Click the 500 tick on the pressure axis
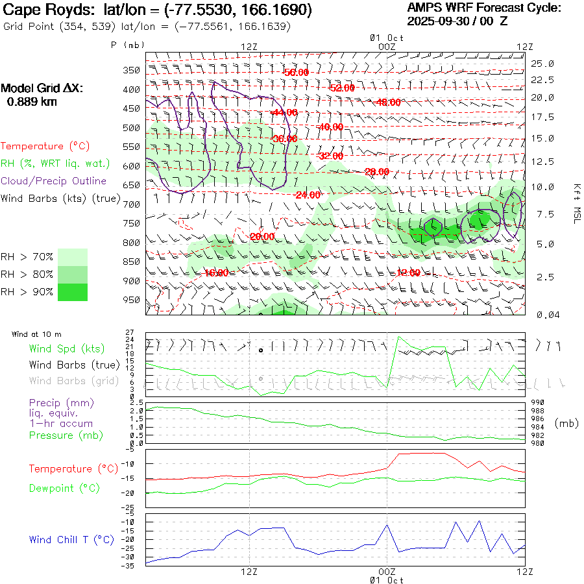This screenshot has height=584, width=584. [132, 128]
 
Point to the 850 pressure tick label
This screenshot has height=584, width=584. [132, 262]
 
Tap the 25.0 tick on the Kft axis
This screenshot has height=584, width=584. [542, 64]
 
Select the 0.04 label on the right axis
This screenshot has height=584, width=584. [542, 315]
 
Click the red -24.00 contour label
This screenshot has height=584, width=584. [308, 195]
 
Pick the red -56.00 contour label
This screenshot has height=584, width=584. [296, 72]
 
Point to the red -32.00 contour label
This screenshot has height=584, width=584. [330, 156]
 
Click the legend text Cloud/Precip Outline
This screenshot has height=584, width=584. [54, 181]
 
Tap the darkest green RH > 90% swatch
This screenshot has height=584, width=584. [73, 293]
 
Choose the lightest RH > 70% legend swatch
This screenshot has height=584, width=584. [73, 257]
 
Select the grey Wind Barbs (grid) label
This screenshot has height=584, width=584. [74, 381]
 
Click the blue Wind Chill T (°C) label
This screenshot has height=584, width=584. [71, 539]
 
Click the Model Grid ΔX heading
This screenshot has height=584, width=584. [42, 89]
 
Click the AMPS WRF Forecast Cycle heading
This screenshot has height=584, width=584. [483, 8]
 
